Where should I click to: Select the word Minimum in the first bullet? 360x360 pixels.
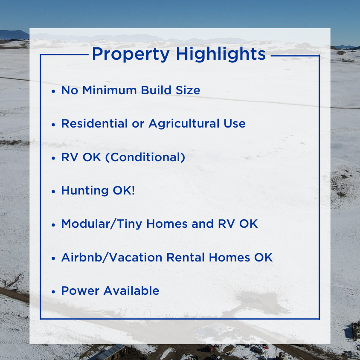click(110, 90)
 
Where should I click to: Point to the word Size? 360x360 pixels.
click(188, 90)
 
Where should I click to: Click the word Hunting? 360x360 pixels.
click(85, 191)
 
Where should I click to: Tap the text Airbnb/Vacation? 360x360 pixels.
click(112, 258)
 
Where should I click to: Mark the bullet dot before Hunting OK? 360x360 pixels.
click(53, 192)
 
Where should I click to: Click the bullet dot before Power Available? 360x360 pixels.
click(53, 292)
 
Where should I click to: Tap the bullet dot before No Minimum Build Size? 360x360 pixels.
click(53, 91)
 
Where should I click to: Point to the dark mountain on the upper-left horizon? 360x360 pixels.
click(13, 35)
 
